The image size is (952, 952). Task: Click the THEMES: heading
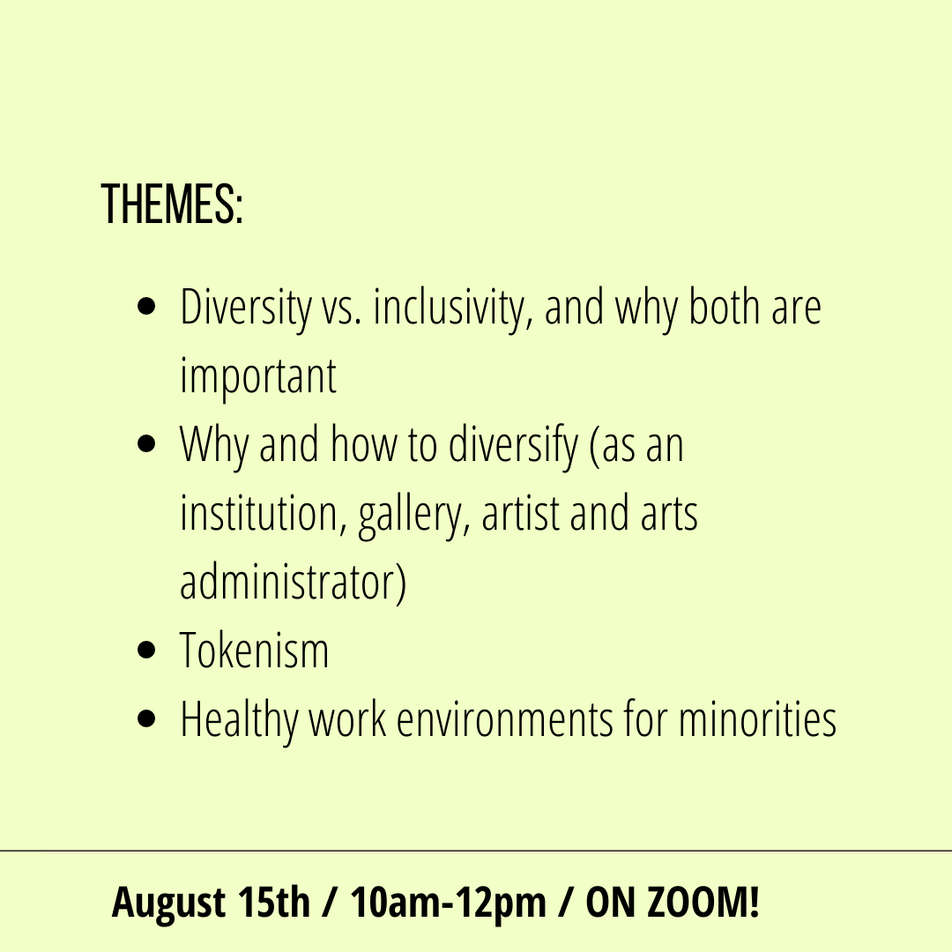coord(173,205)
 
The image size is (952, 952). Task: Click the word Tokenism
coord(255,651)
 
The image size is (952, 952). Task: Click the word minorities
coord(758,719)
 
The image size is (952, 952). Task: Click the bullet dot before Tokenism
coord(147,651)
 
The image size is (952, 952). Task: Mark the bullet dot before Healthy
coord(147,719)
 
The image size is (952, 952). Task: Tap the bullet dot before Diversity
coord(147,306)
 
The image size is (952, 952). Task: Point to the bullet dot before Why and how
coord(147,443)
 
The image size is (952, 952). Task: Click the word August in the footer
coord(168,904)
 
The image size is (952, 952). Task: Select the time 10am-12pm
coord(448,904)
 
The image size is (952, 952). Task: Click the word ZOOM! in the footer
coord(704,903)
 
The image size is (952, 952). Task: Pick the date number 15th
coord(274,903)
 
